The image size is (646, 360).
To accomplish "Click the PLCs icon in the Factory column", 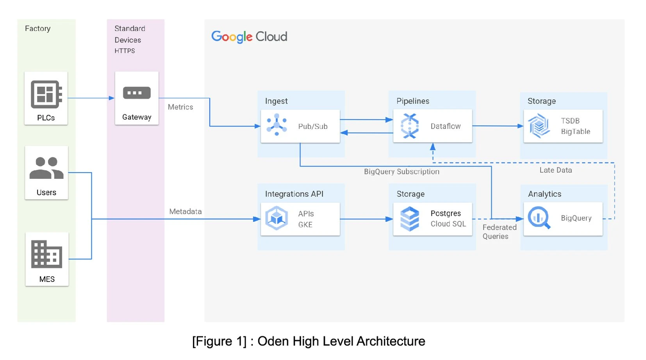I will click(x=46, y=94).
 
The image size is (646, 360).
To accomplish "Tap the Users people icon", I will click(x=46, y=168).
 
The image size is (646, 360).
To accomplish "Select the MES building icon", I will click(x=46, y=254).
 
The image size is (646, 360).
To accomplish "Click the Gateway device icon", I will click(x=137, y=93).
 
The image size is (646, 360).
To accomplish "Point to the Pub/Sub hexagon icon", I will click(x=277, y=125).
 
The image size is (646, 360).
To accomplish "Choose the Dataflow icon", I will click(x=409, y=126).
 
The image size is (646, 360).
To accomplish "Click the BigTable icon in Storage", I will click(x=539, y=126).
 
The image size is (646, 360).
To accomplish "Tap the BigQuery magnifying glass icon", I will click(x=539, y=218).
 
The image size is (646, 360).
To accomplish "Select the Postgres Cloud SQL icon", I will click(x=409, y=219).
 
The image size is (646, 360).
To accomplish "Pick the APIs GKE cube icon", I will click(x=277, y=218).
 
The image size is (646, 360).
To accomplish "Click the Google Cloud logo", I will click(x=249, y=37).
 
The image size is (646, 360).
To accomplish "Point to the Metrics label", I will click(x=180, y=107).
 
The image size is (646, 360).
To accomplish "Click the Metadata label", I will click(x=186, y=211).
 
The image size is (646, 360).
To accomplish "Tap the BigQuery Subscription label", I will click(x=402, y=171).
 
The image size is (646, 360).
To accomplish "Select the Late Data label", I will click(x=555, y=170).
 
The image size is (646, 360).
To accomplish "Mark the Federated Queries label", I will click(x=499, y=232).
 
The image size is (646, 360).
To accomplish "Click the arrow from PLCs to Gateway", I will click(x=91, y=98).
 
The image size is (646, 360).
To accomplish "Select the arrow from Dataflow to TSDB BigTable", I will click(x=498, y=126).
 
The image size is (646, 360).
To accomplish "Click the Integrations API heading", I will click(x=294, y=194).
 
